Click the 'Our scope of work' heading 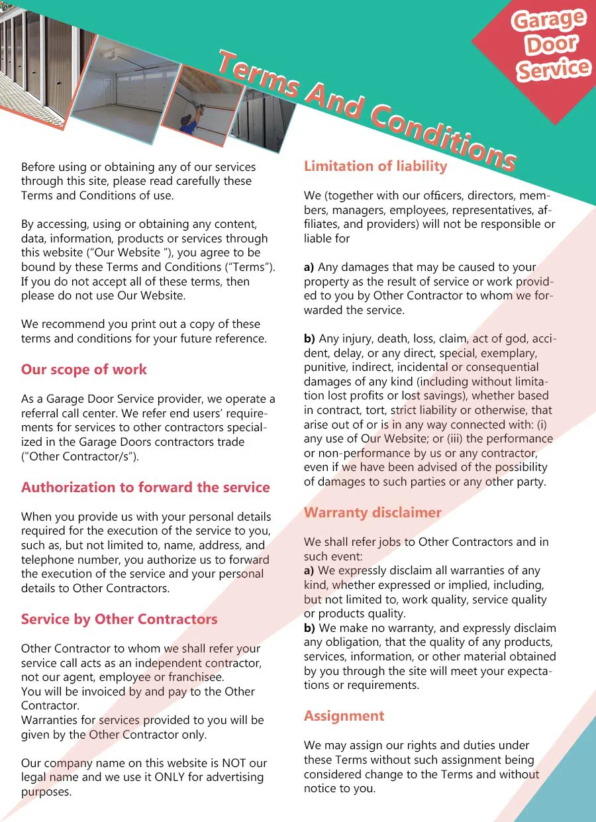(x=84, y=370)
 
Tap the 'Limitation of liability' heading (x=375, y=166)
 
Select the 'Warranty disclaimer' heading (x=372, y=513)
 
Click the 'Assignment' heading (x=344, y=716)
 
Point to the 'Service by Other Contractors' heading (x=119, y=620)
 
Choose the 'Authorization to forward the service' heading (x=145, y=488)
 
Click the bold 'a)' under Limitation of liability (x=309, y=268)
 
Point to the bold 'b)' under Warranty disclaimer (x=309, y=628)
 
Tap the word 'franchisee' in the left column (x=195, y=677)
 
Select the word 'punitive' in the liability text (x=324, y=368)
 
